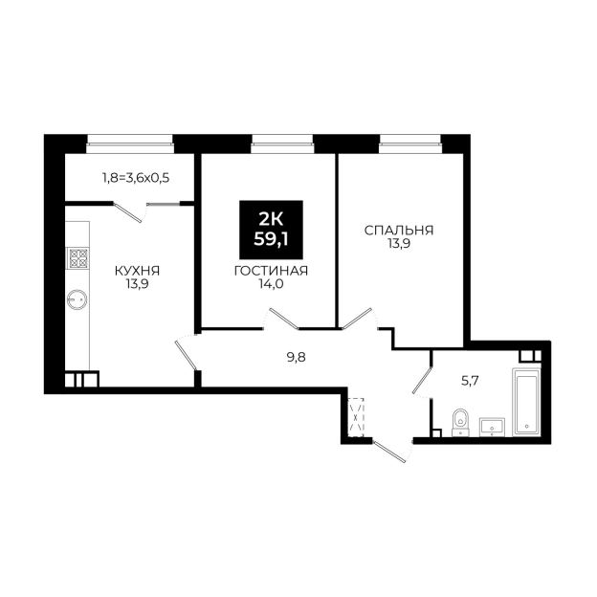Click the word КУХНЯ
pyautogui.click(x=137, y=271)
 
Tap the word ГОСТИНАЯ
pyautogui.click(x=271, y=271)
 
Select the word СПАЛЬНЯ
pyautogui.click(x=399, y=231)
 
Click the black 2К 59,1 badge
pyautogui.click(x=271, y=230)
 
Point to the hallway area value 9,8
pyautogui.click(x=297, y=358)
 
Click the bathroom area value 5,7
pyautogui.click(x=470, y=381)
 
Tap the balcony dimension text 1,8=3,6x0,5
pyautogui.click(x=136, y=177)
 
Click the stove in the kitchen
pyautogui.click(x=77, y=257)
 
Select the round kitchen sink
pyautogui.click(x=77, y=299)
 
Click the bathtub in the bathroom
pyautogui.click(x=525, y=401)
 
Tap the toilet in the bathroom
pyautogui.click(x=461, y=423)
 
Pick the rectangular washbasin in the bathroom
pyautogui.click(x=492, y=427)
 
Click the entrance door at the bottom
pyautogui.click(x=390, y=452)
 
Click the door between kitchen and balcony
pyautogui.click(x=128, y=213)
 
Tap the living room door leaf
pyautogui.click(x=284, y=319)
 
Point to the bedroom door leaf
pyautogui.click(x=357, y=319)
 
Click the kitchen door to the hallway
pyautogui.click(x=186, y=356)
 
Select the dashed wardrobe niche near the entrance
pyautogui.click(x=356, y=417)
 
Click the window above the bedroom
pyautogui.click(x=410, y=140)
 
